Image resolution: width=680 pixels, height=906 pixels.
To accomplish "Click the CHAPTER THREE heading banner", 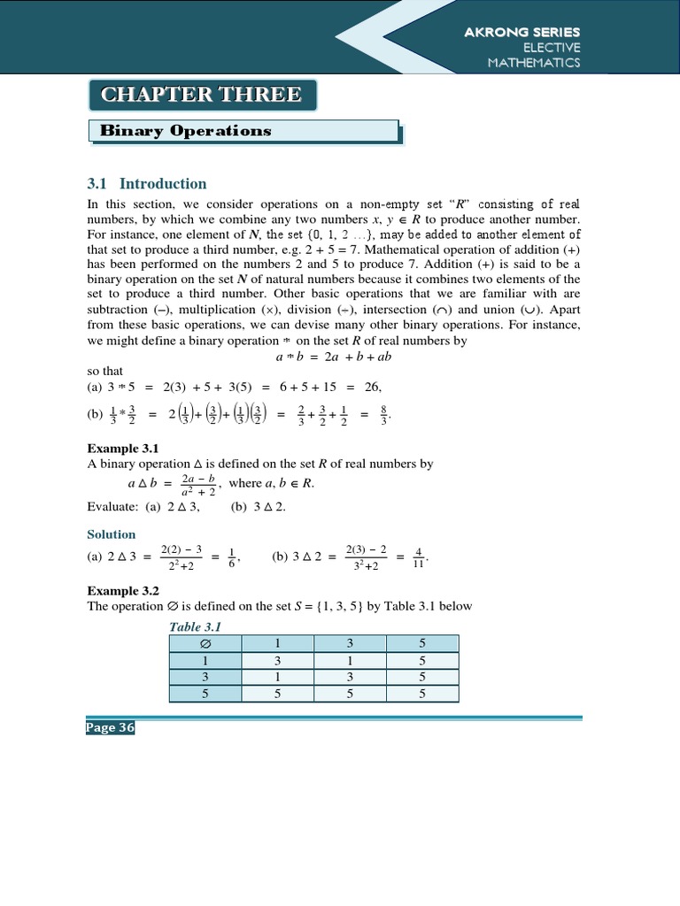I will [x=201, y=95].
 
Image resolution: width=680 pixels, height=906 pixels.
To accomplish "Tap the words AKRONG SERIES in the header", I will [x=522, y=32].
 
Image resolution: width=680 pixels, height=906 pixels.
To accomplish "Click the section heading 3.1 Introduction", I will [x=146, y=184].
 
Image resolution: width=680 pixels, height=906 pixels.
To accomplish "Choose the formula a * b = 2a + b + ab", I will [x=333, y=357].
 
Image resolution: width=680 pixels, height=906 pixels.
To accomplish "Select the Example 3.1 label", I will [x=122, y=449].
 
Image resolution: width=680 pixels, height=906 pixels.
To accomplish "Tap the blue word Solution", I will [x=111, y=534].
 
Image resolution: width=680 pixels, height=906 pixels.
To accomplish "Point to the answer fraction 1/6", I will [x=232, y=557].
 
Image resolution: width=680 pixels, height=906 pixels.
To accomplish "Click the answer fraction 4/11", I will [x=419, y=557].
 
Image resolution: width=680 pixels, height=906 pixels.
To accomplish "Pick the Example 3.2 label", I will [x=122, y=590].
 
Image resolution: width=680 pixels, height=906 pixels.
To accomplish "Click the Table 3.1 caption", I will [x=195, y=626].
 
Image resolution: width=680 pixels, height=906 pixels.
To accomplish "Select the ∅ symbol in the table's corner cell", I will [x=205, y=644].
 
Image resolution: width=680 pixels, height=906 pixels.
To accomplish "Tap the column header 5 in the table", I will [x=421, y=644].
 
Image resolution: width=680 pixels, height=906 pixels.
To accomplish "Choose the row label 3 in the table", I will [x=205, y=677].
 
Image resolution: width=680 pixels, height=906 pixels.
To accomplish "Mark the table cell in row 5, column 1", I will [x=276, y=695].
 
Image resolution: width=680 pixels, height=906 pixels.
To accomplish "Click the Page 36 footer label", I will [x=110, y=727].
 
